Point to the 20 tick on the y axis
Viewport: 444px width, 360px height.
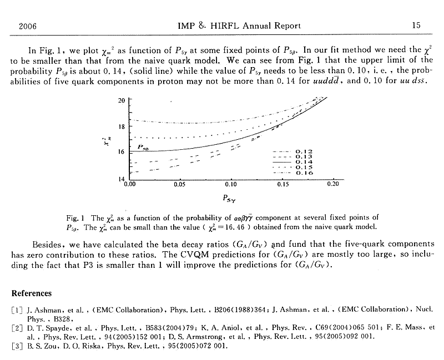pos(122,100)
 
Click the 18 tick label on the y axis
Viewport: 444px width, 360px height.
pos(122,126)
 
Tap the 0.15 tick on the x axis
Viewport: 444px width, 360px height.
pos(282,183)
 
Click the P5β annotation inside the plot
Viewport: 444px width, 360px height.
pos(145,146)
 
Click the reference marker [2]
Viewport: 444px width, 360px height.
pos(17,328)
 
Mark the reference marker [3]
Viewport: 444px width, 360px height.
pos(17,346)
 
